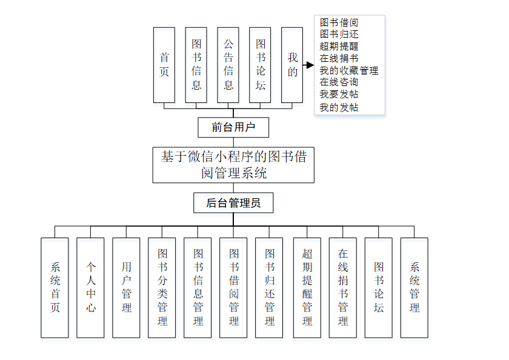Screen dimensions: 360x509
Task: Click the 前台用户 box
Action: (x=233, y=127)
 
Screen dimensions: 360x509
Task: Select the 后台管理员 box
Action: (x=233, y=203)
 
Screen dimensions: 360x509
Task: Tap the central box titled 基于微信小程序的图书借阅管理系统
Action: (x=233, y=165)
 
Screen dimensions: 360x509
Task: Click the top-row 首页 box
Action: (x=164, y=65)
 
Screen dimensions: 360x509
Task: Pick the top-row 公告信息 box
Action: (x=228, y=65)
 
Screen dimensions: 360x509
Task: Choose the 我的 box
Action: (x=293, y=65)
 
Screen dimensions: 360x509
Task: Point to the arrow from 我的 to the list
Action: (x=308, y=64)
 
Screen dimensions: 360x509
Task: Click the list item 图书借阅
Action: (x=339, y=22)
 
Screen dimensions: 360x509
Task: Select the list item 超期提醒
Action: (x=339, y=46)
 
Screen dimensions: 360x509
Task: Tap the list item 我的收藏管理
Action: (x=349, y=70)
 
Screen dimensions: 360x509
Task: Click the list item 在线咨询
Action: (x=339, y=82)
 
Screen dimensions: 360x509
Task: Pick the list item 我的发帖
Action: (x=339, y=107)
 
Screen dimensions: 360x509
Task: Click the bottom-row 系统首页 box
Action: (x=55, y=287)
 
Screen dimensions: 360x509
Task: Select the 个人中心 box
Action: (x=91, y=287)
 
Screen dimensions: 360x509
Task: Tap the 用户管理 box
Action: (x=127, y=287)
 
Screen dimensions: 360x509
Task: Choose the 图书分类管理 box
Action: (x=162, y=287)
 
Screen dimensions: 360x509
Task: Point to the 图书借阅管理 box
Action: (x=234, y=287)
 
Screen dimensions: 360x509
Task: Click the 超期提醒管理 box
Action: (x=307, y=287)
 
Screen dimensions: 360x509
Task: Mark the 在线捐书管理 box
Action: (x=343, y=287)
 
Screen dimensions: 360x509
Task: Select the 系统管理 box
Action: (x=414, y=287)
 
